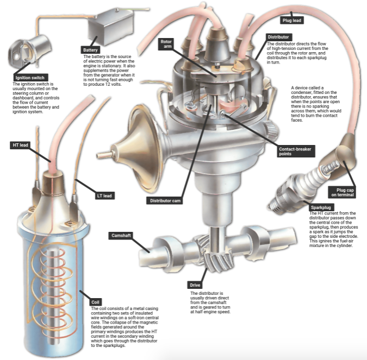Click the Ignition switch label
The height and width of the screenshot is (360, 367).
point(30,78)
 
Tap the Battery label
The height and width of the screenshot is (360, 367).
point(91,49)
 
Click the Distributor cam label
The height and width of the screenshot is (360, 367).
point(164,200)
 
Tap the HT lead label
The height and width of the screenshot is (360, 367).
point(20,146)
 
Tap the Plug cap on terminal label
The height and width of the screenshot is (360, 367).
point(345,192)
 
